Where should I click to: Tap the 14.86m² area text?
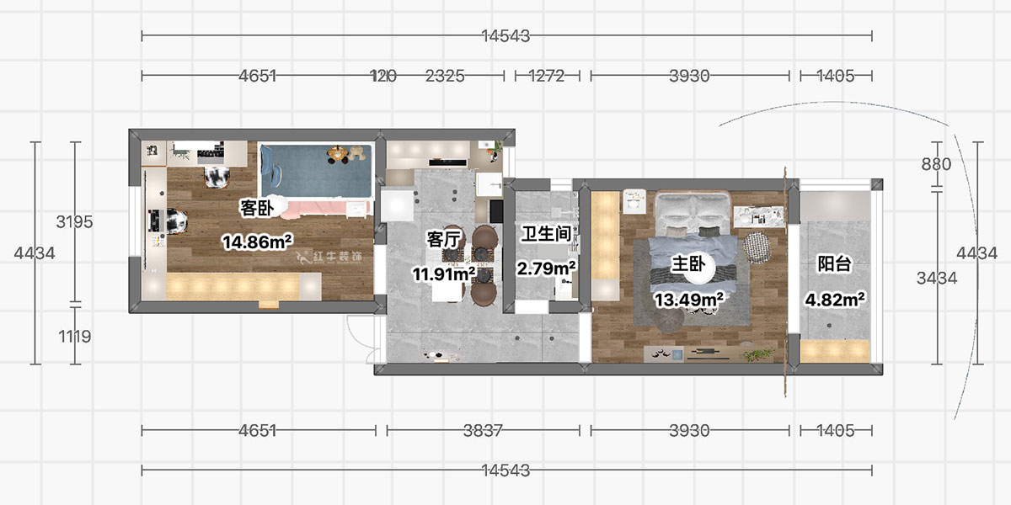257,242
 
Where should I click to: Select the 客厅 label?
443,240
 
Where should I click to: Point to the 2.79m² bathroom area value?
546,268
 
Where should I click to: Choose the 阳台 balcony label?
834,264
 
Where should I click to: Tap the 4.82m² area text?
837,299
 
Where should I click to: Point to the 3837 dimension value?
483,431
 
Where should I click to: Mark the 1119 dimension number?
74,336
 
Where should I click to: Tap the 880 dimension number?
936,165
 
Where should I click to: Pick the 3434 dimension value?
936,278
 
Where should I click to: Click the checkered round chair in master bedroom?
757,247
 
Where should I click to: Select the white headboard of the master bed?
693,205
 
